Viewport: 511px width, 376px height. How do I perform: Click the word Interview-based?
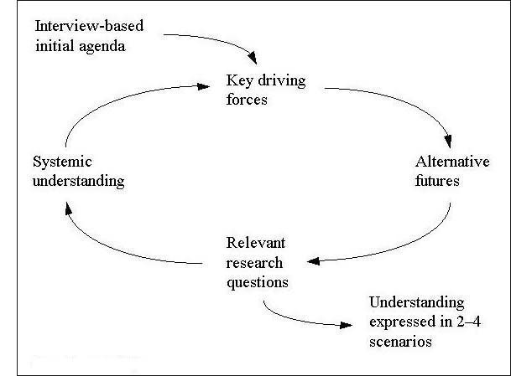89,26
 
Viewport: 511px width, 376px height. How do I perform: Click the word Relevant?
256,244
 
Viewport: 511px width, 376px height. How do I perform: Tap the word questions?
258,281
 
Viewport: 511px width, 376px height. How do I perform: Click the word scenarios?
397,341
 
